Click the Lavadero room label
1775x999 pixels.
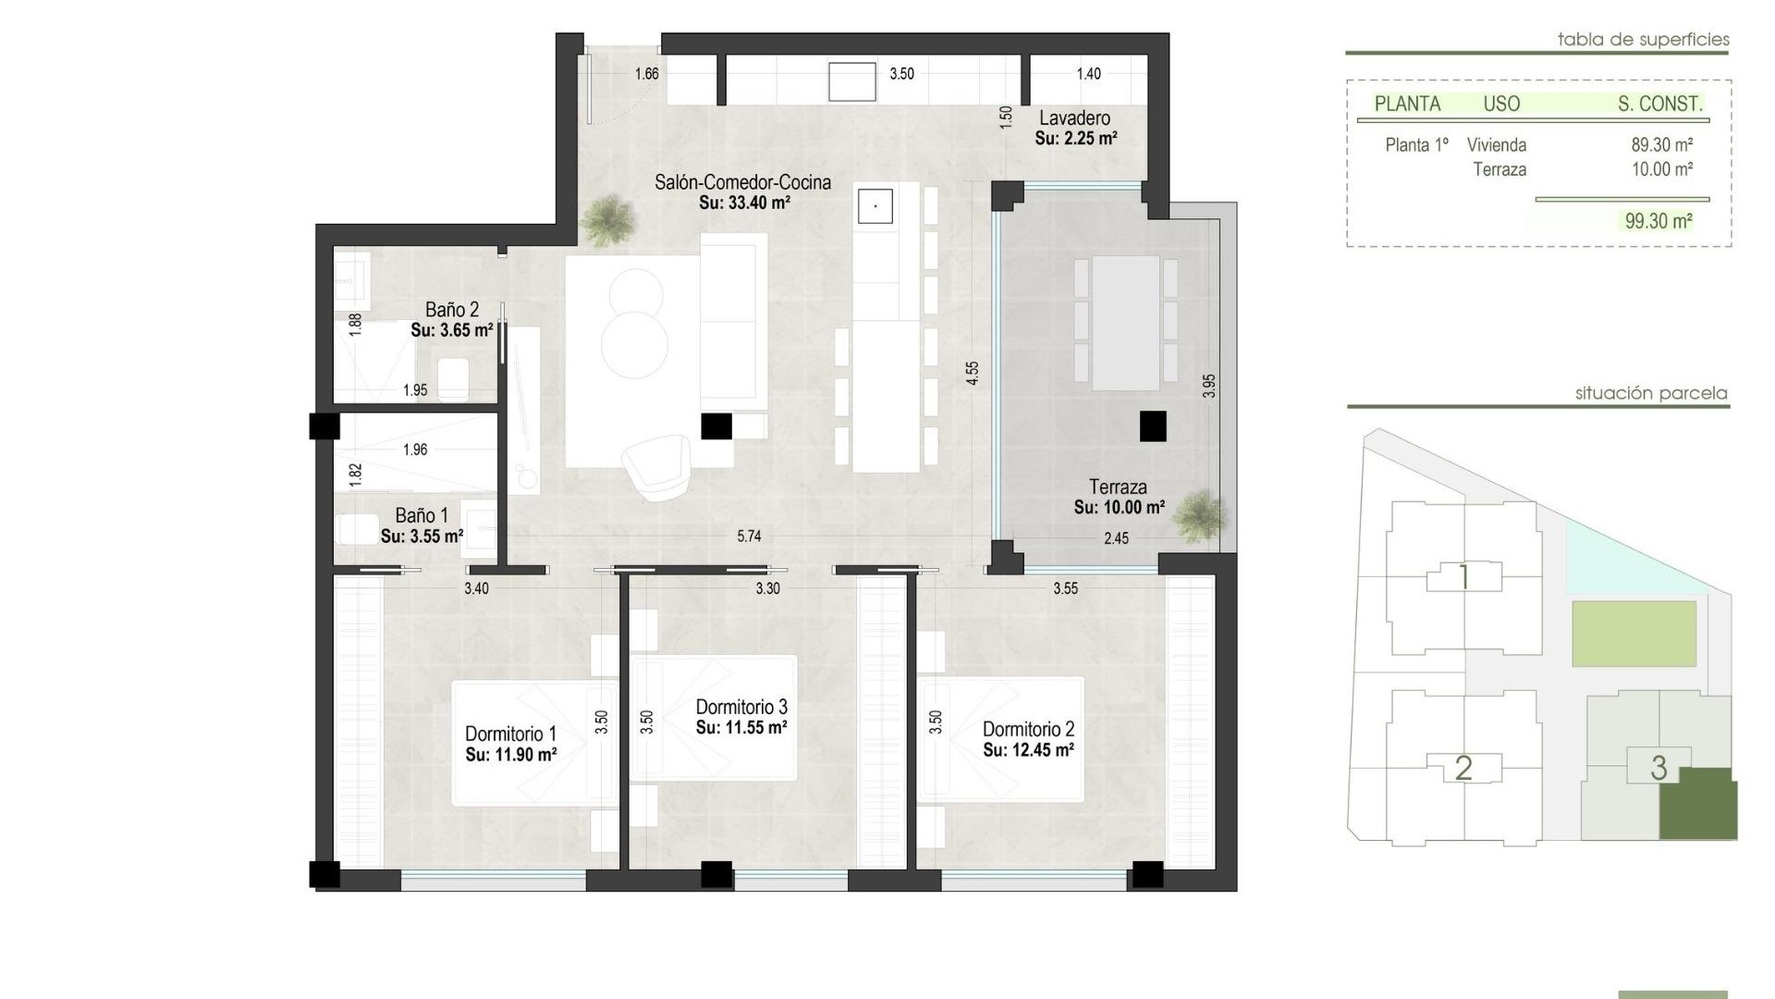click(1074, 118)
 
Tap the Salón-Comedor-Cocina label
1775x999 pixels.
click(742, 182)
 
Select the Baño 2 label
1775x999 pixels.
click(451, 310)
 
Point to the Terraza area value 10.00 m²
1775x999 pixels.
click(1119, 508)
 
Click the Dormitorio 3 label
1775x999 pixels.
click(741, 708)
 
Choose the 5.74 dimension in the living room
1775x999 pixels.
click(749, 536)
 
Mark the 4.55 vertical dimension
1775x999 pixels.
click(972, 373)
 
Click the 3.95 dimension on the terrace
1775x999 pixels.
click(1208, 386)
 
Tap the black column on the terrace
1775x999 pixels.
click(1152, 426)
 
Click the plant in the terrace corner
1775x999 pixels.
click(1200, 515)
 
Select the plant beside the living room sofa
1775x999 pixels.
click(609, 220)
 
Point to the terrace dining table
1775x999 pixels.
click(1125, 324)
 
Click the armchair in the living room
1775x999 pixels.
click(656, 467)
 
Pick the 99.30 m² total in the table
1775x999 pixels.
click(1659, 221)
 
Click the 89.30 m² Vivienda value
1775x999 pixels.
click(1661, 145)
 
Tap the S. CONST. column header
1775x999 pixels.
click(1659, 105)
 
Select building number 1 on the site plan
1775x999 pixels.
click(1463, 578)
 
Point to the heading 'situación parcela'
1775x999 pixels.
click(1650, 393)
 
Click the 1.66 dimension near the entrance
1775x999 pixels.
click(646, 74)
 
